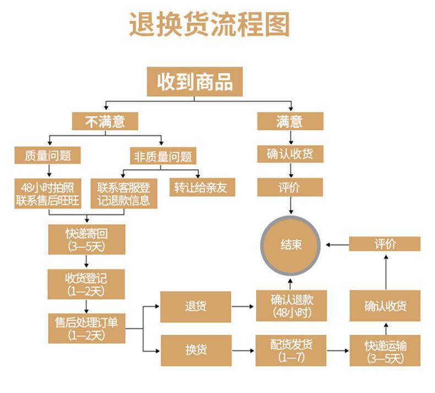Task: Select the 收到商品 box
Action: (x=195, y=82)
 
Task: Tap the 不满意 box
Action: (x=105, y=121)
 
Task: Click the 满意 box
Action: (x=290, y=121)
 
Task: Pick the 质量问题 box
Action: (x=48, y=155)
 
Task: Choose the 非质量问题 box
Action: (x=162, y=156)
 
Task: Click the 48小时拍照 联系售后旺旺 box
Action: (x=48, y=193)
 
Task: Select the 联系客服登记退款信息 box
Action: (x=123, y=193)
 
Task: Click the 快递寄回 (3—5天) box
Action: (x=86, y=239)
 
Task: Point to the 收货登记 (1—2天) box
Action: (x=86, y=283)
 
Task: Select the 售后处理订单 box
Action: (x=86, y=327)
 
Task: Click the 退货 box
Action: (x=195, y=306)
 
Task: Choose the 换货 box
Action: (x=195, y=350)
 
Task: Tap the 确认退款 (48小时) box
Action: (x=291, y=306)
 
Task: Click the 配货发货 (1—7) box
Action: (x=291, y=350)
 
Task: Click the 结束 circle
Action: (x=291, y=245)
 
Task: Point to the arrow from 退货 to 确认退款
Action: (x=243, y=306)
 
